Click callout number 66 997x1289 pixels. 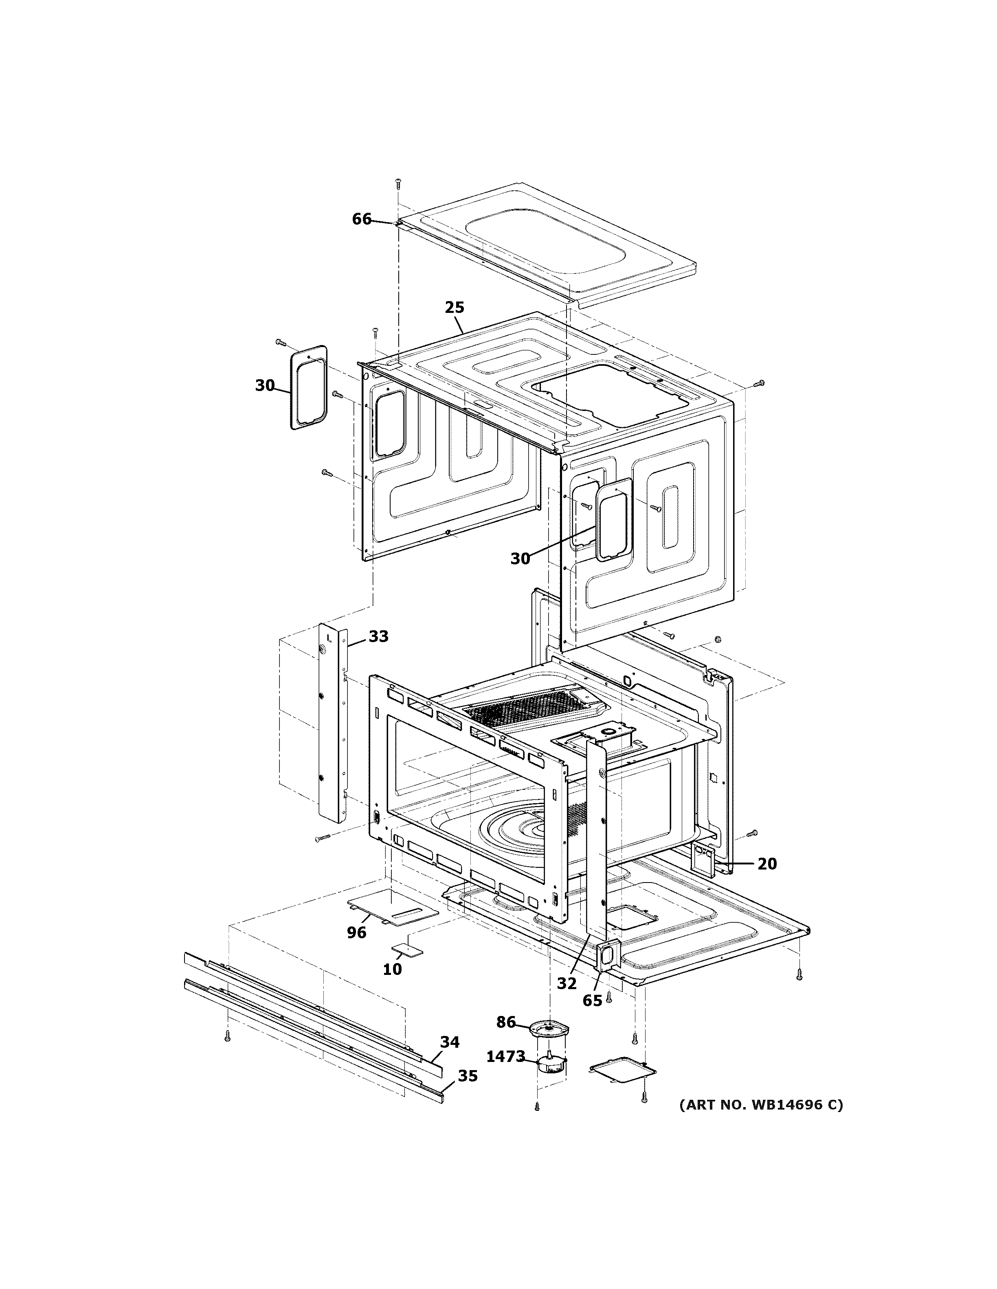(x=362, y=219)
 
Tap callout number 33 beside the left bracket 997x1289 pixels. (x=379, y=636)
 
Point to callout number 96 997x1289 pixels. (x=356, y=933)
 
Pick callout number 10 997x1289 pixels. (x=392, y=969)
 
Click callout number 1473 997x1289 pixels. (x=505, y=1056)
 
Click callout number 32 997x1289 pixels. (x=567, y=983)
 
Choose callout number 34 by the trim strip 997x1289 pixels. (x=450, y=1042)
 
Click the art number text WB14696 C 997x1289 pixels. (x=761, y=1105)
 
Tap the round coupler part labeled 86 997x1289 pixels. (x=550, y=1029)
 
